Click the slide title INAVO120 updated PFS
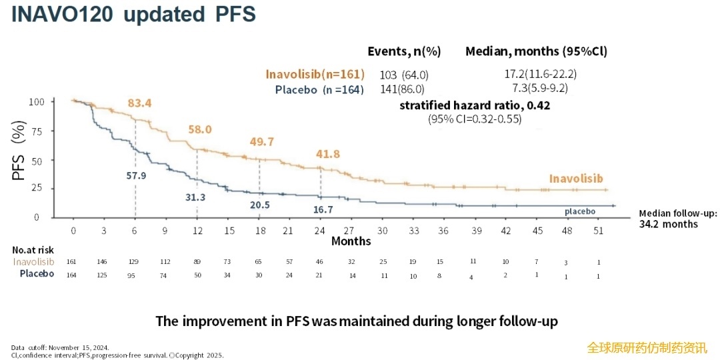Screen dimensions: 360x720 pyautogui.click(x=133, y=15)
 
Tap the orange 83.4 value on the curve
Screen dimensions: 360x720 pyautogui.click(x=139, y=103)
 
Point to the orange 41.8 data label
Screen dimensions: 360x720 pyautogui.click(x=327, y=154)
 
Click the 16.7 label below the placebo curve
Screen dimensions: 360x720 pyautogui.click(x=323, y=209)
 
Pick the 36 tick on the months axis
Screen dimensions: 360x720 pyautogui.click(x=443, y=231)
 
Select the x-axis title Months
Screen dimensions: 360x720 pyautogui.click(x=351, y=241)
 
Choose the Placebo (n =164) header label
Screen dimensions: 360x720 pyautogui.click(x=320, y=89)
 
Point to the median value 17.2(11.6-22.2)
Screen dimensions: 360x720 pyautogui.click(x=541, y=74)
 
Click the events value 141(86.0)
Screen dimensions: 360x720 pyautogui.click(x=402, y=89)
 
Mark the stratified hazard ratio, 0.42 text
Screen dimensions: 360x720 pyautogui.click(x=475, y=105)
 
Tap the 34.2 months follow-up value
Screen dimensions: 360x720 pyautogui.click(x=669, y=224)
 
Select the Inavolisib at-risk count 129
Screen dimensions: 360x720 pyautogui.click(x=134, y=262)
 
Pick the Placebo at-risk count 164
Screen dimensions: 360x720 pyautogui.click(x=72, y=275)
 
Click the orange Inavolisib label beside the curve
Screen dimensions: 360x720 pyautogui.click(x=575, y=178)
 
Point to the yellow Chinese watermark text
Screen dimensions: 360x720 pyautogui.click(x=647, y=347)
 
